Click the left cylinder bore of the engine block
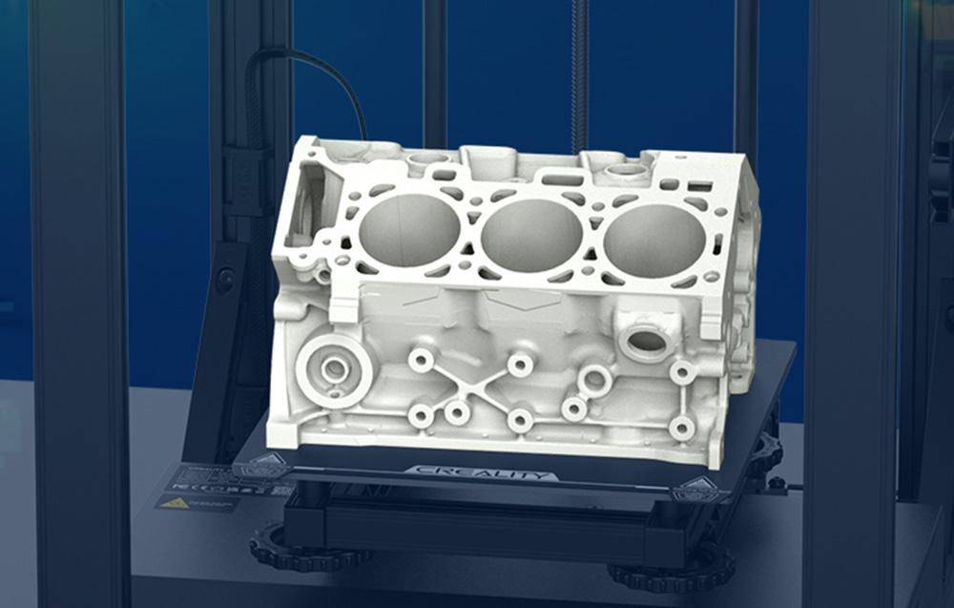pos(409,230)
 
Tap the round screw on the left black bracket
pos(226,280)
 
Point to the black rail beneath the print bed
pos(477,520)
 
